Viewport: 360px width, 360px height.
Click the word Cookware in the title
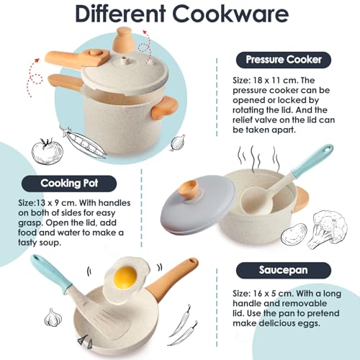click(x=230, y=14)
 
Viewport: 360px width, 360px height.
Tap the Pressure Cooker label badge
click(x=284, y=60)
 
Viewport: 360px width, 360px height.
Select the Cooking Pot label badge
click(x=69, y=184)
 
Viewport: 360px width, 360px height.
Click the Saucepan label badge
click(x=284, y=271)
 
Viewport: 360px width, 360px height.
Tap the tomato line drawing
click(x=48, y=151)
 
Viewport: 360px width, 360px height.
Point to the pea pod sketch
click(x=84, y=142)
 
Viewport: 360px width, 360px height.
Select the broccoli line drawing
click(x=327, y=229)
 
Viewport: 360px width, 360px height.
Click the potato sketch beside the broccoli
click(x=294, y=233)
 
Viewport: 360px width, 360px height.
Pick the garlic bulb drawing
click(x=53, y=318)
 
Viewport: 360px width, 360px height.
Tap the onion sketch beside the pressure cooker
click(x=178, y=143)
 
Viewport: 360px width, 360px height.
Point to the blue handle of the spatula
click(x=51, y=274)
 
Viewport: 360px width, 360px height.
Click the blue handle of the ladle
click(x=312, y=160)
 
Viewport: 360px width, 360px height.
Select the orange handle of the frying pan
click(x=172, y=279)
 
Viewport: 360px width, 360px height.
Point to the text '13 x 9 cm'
click(x=56, y=203)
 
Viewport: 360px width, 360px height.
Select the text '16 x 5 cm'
click(x=273, y=294)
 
